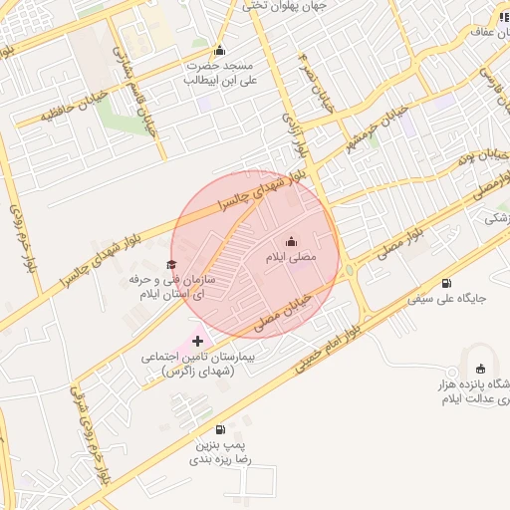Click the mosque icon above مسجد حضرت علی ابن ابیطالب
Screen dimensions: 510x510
(219, 52)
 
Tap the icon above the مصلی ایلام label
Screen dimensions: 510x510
(291, 241)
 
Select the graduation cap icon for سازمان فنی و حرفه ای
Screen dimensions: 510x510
(171, 264)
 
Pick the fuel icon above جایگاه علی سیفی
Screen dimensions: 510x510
(445, 283)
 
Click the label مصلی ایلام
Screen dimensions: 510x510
(290, 257)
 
